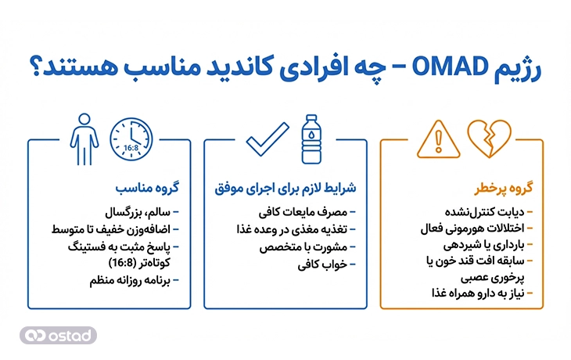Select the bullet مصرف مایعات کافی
coord(309,213)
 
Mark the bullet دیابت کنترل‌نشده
coord(492,213)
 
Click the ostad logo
coord(59,334)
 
